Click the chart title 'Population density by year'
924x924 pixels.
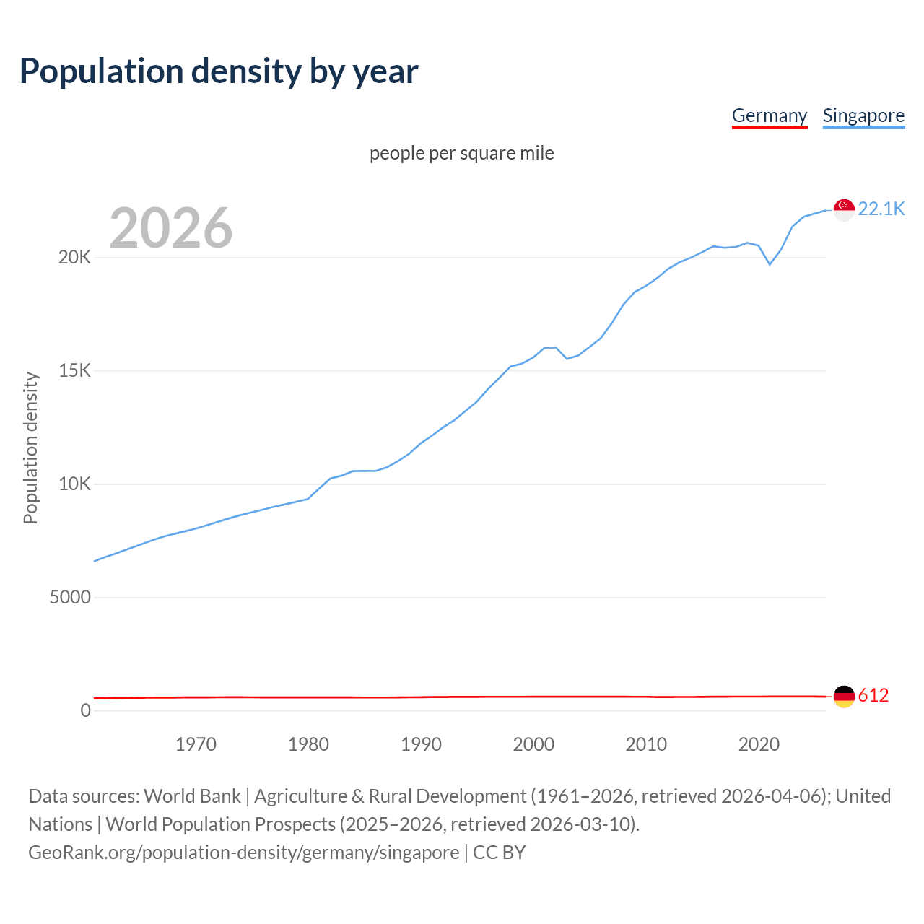tap(219, 71)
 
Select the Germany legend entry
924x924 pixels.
tap(769, 115)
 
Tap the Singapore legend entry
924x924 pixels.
tap(863, 115)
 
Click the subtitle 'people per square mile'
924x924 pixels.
tap(462, 153)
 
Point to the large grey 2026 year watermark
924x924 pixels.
tap(171, 228)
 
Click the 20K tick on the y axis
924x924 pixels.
tap(74, 258)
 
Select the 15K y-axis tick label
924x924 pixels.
tap(74, 371)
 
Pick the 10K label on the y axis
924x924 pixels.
tap(74, 484)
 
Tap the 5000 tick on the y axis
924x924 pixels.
tap(70, 598)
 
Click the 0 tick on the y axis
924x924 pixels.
tap(86, 711)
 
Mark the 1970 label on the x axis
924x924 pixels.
tap(196, 744)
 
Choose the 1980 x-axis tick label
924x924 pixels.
tap(308, 744)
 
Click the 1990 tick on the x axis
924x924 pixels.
tap(421, 744)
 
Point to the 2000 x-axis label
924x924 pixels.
tap(533, 744)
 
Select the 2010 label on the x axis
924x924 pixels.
tap(646, 744)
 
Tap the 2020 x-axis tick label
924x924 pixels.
tap(759, 744)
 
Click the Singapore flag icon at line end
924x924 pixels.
tap(844, 209)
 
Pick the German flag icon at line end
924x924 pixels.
tap(844, 697)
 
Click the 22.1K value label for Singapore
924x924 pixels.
tap(881, 209)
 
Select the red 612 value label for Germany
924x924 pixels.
tap(873, 696)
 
